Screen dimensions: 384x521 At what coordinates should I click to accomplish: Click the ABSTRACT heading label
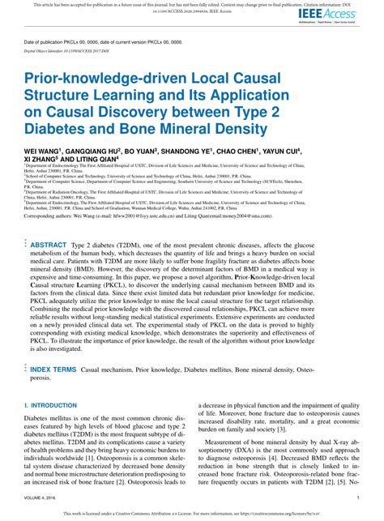49,244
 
